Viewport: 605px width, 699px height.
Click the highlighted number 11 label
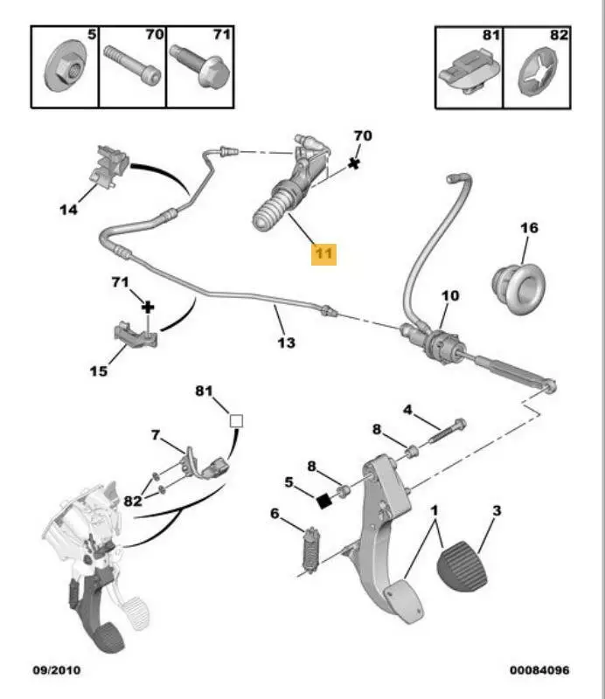(323, 253)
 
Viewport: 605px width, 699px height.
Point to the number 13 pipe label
(287, 343)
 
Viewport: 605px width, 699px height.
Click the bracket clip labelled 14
(109, 166)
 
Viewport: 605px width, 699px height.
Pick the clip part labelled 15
(136, 335)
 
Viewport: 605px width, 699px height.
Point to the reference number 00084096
(539, 670)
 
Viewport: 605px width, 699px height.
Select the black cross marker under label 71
(149, 307)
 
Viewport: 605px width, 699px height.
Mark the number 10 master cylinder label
(449, 296)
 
